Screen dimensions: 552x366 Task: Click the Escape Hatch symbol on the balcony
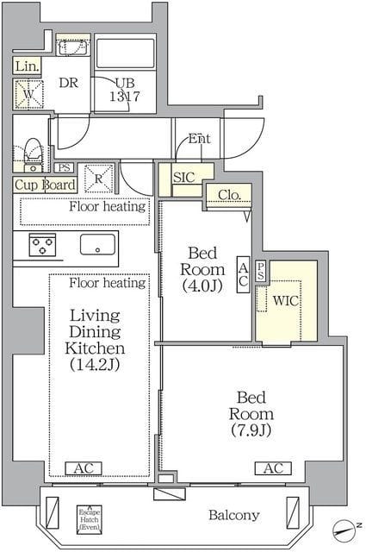(x=88, y=517)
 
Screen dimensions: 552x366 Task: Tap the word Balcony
(x=233, y=516)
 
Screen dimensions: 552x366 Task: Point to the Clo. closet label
(x=228, y=195)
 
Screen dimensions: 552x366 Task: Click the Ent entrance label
(x=200, y=138)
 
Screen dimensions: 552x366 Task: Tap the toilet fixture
(x=32, y=154)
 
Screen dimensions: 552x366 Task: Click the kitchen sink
(x=98, y=244)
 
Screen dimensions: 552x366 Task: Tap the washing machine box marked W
(x=28, y=92)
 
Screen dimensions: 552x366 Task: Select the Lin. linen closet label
(x=26, y=66)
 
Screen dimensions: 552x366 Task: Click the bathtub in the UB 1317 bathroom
(x=125, y=53)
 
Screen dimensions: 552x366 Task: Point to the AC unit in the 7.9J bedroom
(x=272, y=468)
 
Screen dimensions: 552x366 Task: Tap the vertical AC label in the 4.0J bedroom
(x=243, y=273)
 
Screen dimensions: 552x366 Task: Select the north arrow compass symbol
(x=346, y=528)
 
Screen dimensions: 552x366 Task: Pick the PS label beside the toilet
(x=64, y=168)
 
